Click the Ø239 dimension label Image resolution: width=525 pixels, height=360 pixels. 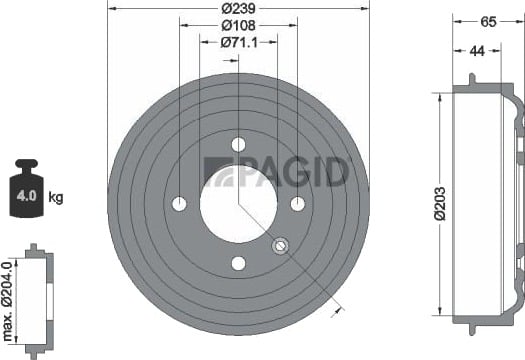[238, 8]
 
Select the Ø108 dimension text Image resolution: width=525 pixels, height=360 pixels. [238, 25]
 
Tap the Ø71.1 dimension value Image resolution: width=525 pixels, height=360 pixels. [239, 43]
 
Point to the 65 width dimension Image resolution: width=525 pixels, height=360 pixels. [488, 22]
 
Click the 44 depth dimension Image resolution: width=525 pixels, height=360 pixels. [477, 51]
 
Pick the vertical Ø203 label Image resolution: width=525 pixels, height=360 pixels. [440, 204]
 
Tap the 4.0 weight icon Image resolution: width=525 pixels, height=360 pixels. [26, 188]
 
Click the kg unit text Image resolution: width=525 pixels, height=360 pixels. [56, 198]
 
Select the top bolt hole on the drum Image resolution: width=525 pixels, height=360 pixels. [238, 144]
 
